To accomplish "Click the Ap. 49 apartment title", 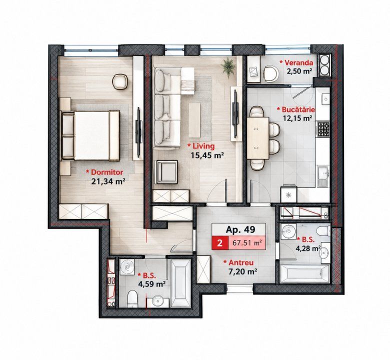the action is [x=240, y=229].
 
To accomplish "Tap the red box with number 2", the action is [x=219, y=243].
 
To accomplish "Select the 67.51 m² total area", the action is [x=246, y=243].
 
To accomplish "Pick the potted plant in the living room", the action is [x=228, y=65].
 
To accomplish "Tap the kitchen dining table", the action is [x=258, y=138].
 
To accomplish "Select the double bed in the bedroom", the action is [x=90, y=136].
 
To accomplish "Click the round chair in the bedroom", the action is [x=120, y=81].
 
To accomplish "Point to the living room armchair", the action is [x=166, y=172].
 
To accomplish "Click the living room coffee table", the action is [x=194, y=120].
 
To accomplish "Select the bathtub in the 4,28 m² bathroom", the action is [x=304, y=273].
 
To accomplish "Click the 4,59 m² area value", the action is [x=152, y=284].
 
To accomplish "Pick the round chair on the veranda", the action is [x=270, y=73].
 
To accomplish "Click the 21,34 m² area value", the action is [x=108, y=181].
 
